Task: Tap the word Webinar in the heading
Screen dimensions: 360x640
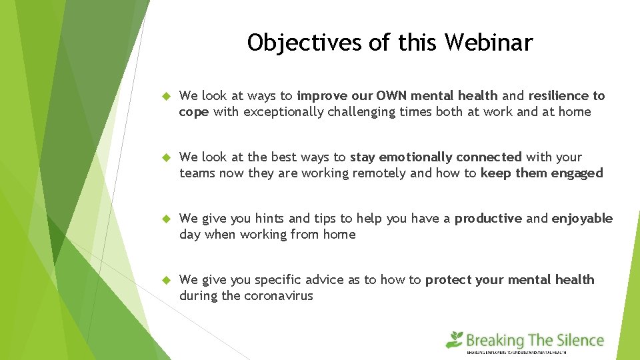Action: pyautogui.click(x=489, y=43)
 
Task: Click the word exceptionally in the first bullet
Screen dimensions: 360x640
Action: pyautogui.click(x=283, y=112)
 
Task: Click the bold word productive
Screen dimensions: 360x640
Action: pyautogui.click(x=488, y=219)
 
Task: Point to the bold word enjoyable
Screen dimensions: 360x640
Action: pyautogui.click(x=582, y=219)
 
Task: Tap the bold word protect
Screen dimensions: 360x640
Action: pyautogui.click(x=449, y=280)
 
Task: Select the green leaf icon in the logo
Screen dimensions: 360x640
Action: pyautogui.click(x=455, y=339)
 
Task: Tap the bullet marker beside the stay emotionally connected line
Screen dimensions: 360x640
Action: pyautogui.click(x=167, y=158)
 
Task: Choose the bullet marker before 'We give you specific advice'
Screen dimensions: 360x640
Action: pyautogui.click(x=167, y=281)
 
